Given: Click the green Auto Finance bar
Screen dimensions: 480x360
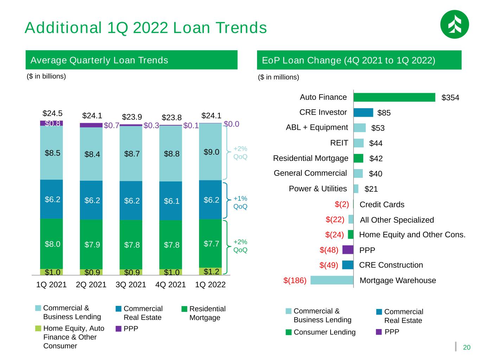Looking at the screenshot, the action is [x=394, y=97].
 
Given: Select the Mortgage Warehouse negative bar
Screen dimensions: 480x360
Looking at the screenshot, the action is [x=332, y=280].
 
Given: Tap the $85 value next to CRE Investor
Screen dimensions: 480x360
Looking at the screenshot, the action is [x=384, y=113].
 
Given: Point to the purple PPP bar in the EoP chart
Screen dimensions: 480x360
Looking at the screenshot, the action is [x=348, y=250].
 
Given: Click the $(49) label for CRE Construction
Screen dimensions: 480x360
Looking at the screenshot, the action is [x=329, y=265].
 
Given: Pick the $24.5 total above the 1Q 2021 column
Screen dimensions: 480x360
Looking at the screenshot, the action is [x=52, y=113].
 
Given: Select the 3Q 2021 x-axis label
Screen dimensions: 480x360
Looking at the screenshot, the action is [x=131, y=285].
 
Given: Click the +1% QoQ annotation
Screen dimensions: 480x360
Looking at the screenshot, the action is [x=240, y=202].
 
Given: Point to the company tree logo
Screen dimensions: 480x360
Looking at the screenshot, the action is [x=454, y=24].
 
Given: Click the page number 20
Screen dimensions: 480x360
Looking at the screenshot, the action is [x=466, y=347].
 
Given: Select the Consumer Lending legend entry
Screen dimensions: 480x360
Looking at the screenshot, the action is [x=320, y=332].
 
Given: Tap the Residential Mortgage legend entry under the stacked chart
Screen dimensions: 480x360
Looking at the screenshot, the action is [x=203, y=313].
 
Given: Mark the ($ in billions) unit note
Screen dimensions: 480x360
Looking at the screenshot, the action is [x=46, y=76].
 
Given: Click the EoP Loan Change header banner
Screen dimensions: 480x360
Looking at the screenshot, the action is [x=359, y=60].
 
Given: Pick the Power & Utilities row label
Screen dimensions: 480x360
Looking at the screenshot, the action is [x=318, y=188].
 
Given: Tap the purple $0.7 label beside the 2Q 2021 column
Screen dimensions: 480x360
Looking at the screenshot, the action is [x=111, y=126].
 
